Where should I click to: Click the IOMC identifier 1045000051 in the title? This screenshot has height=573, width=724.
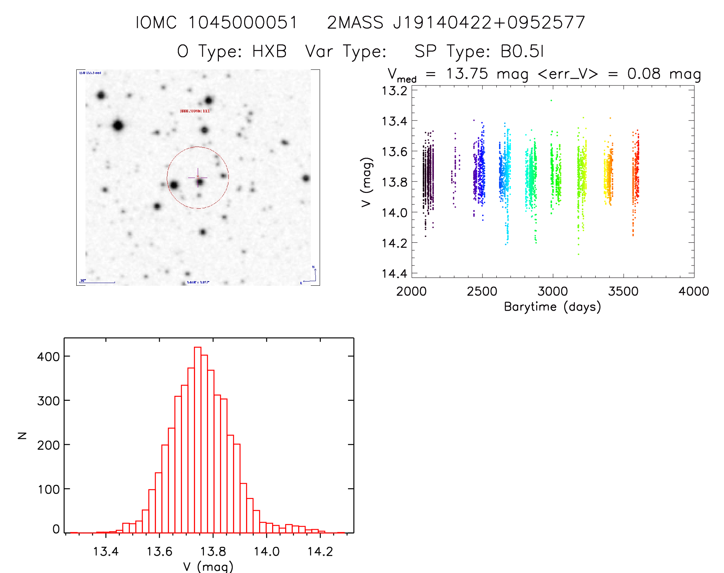coord(243,23)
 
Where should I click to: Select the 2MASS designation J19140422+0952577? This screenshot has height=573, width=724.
coord(489,23)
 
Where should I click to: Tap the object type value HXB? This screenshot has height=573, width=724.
coord(269,51)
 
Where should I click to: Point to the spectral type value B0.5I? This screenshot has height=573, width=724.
coord(522,51)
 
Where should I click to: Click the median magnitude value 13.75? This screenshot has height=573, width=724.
coord(467,74)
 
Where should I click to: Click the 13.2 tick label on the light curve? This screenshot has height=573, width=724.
coord(394,91)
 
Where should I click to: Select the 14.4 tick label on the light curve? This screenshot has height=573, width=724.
coord(394,273)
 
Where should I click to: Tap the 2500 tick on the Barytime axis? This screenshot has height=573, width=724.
coord(482,291)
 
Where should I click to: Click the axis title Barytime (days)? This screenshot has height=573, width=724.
coord(552,307)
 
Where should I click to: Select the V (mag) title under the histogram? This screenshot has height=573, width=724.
coord(208,566)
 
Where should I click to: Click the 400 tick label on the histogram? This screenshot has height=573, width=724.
coord(48,357)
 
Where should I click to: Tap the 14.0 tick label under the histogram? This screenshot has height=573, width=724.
coord(267,552)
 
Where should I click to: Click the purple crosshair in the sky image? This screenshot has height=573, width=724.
coord(198,178)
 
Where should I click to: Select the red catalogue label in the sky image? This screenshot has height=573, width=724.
coord(195,111)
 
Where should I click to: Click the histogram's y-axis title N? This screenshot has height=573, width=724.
coord(22,435)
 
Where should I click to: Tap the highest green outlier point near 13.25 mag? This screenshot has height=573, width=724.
coord(551,100)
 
